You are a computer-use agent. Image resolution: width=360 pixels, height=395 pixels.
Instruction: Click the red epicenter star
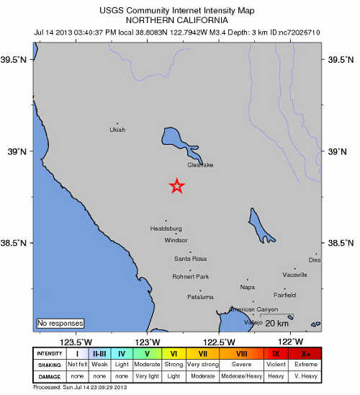pos(176,186)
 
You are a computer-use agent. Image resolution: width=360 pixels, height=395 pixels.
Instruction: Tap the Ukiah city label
pos(117,130)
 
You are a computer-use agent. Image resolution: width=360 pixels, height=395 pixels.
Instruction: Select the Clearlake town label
pos(200,165)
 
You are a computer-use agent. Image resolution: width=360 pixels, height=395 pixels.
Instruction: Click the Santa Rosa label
pos(190,258)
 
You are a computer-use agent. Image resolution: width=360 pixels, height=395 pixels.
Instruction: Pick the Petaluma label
pos(200,297)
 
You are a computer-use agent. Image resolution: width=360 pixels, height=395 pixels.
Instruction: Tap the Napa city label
pos(247,286)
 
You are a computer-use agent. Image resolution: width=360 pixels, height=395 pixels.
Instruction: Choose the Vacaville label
pos(294,275)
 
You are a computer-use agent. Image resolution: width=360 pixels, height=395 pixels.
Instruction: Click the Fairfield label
pos(285,295)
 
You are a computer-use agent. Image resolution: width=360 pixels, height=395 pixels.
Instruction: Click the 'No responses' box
pos(60,323)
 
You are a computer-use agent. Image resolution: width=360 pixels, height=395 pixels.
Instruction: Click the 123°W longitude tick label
pos(148,341)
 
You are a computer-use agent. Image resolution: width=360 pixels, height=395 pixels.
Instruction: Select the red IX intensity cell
pos(276,353)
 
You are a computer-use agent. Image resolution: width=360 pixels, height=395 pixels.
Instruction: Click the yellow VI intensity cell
pos(174,353)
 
